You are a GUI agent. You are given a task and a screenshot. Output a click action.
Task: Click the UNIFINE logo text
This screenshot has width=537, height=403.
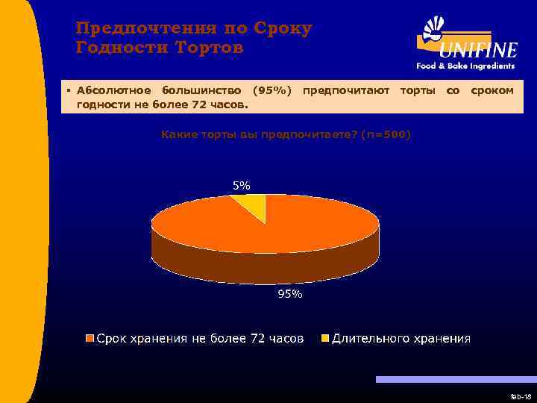coord(477,51)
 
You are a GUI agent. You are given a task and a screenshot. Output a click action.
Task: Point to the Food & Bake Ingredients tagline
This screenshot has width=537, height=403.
coord(465,66)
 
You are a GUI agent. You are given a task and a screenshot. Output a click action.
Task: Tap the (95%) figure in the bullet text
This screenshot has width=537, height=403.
coord(271,90)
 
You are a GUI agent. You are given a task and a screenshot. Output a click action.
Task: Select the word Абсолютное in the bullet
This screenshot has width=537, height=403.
coord(110,90)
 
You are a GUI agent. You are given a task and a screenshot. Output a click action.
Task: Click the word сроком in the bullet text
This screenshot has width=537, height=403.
coord(492,90)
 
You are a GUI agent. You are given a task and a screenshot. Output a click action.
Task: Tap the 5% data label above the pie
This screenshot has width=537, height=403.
coord(241,185)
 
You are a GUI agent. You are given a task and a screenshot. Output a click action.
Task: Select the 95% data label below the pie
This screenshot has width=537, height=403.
coord(290,294)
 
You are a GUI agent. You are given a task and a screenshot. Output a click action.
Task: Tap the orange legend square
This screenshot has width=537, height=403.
coord(90,339)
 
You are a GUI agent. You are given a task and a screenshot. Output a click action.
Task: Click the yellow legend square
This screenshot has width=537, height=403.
coord(324,339)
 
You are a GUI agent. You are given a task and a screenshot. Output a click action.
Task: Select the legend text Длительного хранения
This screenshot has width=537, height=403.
coord(401,339)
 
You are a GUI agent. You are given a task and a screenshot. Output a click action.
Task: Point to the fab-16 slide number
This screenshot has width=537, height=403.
coord(520,396)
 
